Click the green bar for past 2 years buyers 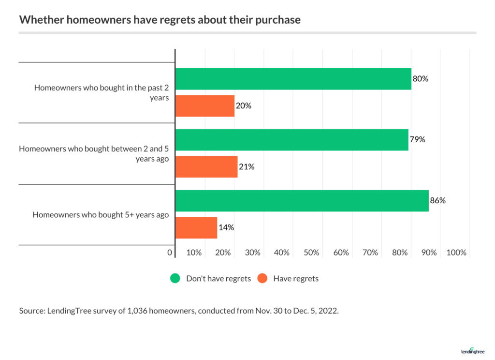click(x=293, y=79)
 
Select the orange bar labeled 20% click(x=204, y=106)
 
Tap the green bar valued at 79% click(x=291, y=140)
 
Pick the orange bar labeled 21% click(x=206, y=167)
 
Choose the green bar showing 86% click(x=302, y=201)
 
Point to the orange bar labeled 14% click(x=196, y=228)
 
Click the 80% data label click(x=421, y=79)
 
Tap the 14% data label click(x=226, y=227)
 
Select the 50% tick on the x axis click(x=312, y=253)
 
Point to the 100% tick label click(x=456, y=253)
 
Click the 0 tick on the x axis click(x=170, y=253)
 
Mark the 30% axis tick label click(x=253, y=253)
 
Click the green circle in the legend click(x=175, y=278)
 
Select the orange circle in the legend click(x=262, y=278)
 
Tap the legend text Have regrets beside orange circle click(x=296, y=279)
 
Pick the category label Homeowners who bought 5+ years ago click(x=101, y=215)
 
